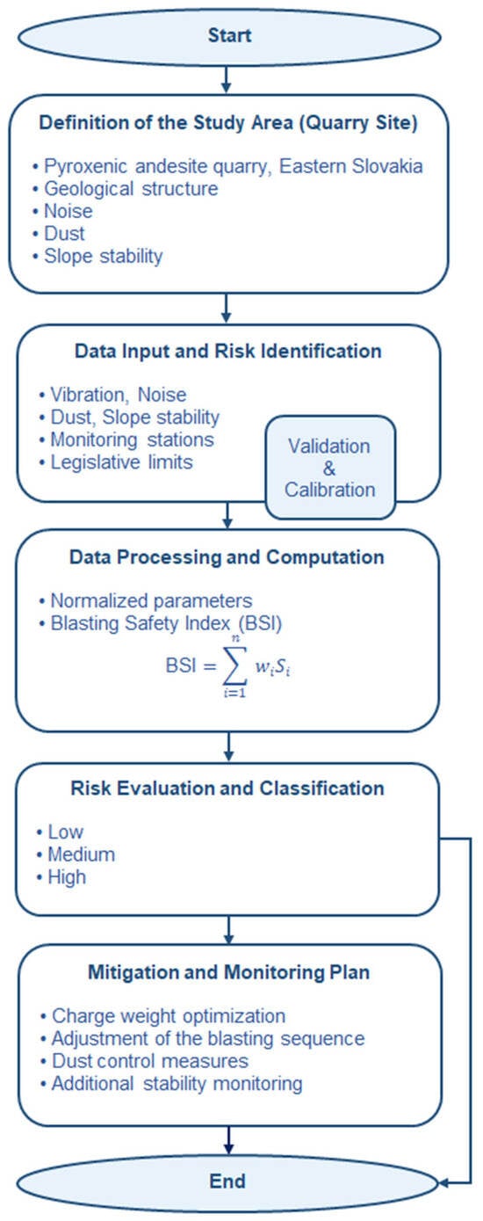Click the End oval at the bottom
tap(227, 1181)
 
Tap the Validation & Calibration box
tap(330, 467)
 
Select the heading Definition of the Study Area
tap(228, 123)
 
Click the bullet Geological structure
tap(126, 189)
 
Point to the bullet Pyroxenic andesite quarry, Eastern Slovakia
tap(227, 166)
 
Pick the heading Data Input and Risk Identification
tap(228, 351)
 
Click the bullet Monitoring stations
tap(126, 440)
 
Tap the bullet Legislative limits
tap(116, 462)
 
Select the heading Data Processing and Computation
tap(227, 557)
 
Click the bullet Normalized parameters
tap(146, 600)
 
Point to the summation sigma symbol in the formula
tap(234, 666)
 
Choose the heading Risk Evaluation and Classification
tap(227, 789)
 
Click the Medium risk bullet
tap(76, 854)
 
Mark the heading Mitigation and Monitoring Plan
tap(229, 972)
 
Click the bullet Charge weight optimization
tap(162, 1016)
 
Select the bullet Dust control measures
tap(144, 1061)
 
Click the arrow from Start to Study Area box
tap(227, 80)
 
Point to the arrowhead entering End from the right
tap(443, 1183)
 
